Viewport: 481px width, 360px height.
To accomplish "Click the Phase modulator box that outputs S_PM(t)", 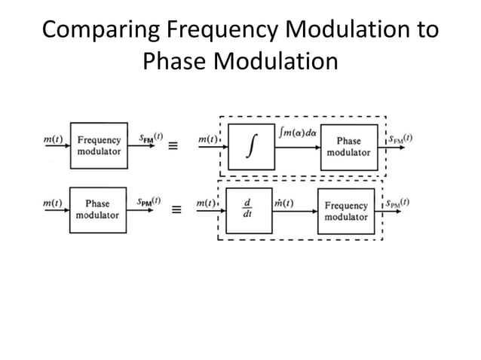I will tap(97, 209).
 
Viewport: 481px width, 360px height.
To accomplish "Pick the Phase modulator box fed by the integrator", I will tap(348, 146).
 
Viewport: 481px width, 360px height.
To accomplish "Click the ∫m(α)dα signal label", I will tap(299, 133).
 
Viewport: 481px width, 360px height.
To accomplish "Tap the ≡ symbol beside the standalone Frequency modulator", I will tap(173, 146).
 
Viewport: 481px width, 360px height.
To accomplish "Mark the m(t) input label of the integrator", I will tap(206, 140).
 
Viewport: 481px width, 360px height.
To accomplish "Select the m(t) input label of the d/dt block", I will tap(206, 203).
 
